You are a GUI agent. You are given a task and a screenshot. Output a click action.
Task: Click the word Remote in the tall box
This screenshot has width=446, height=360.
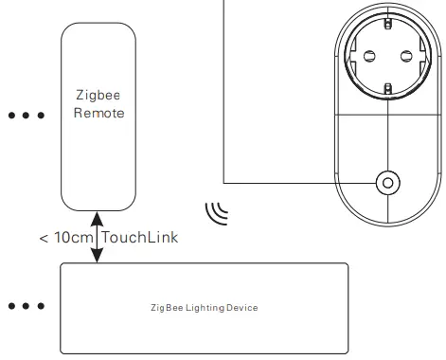coord(93,113)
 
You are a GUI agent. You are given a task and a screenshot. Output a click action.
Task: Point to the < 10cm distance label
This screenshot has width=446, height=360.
coord(64,237)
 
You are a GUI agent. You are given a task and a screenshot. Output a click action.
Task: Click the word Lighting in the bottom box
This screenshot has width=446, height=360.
coord(204,308)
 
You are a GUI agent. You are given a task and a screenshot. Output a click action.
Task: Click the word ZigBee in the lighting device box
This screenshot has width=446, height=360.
coord(167,308)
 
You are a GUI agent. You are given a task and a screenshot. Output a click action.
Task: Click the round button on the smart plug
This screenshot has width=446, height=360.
coord(387,181)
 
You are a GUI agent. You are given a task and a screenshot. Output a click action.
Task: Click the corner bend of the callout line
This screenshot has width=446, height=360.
coord(224,181)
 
